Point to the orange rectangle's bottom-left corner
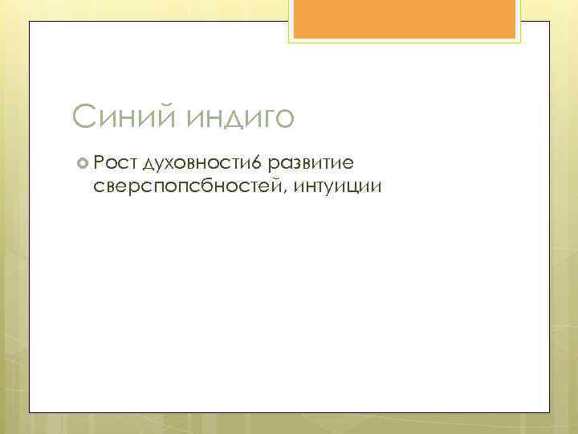(x=294, y=38)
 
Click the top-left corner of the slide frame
(x=29, y=22)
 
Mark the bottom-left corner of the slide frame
(x=29, y=413)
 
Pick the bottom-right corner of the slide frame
(x=550, y=413)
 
